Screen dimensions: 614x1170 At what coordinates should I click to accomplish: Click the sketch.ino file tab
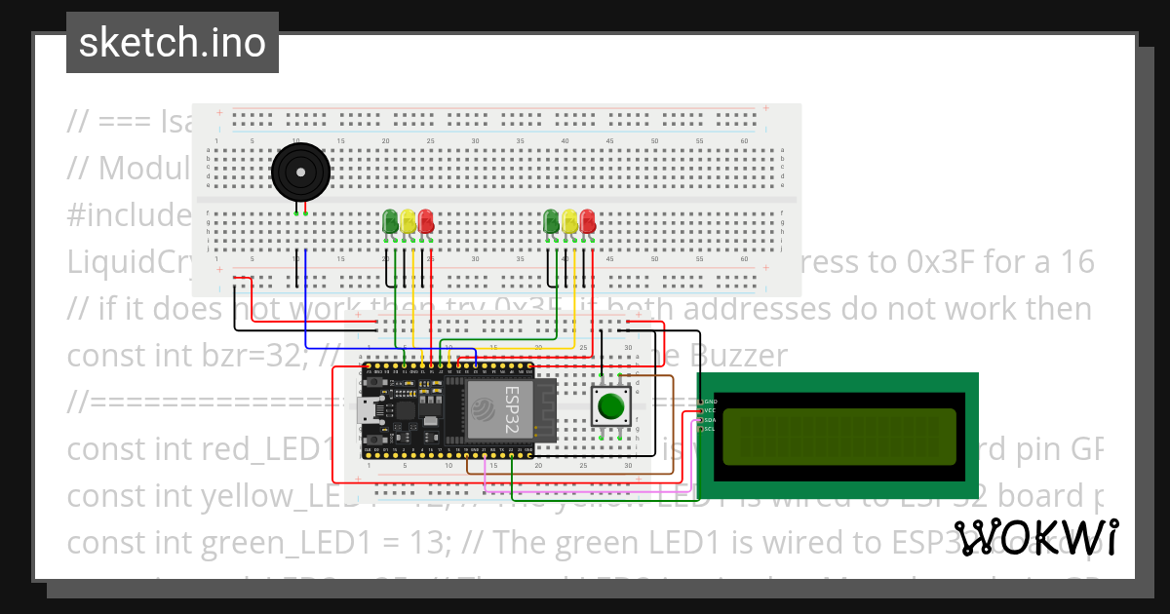click(x=172, y=43)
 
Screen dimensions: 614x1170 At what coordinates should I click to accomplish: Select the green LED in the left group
click(x=391, y=222)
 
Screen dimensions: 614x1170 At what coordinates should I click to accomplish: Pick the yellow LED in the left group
click(x=409, y=222)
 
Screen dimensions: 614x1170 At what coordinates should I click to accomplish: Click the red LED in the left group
click(x=426, y=222)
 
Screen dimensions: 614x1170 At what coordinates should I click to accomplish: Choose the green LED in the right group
click(x=552, y=222)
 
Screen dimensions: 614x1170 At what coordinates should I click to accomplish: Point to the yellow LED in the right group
click(x=569, y=222)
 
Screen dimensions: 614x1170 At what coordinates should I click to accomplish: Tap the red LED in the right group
click(x=587, y=222)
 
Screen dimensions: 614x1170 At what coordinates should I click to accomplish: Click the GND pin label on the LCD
click(x=710, y=402)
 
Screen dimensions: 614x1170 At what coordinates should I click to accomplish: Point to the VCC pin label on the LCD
click(x=710, y=410)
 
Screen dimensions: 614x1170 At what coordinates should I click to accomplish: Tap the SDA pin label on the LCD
click(x=710, y=419)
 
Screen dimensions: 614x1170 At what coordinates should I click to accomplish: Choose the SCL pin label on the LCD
click(x=710, y=428)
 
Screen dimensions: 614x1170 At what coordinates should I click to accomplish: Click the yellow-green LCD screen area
click(x=839, y=437)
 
